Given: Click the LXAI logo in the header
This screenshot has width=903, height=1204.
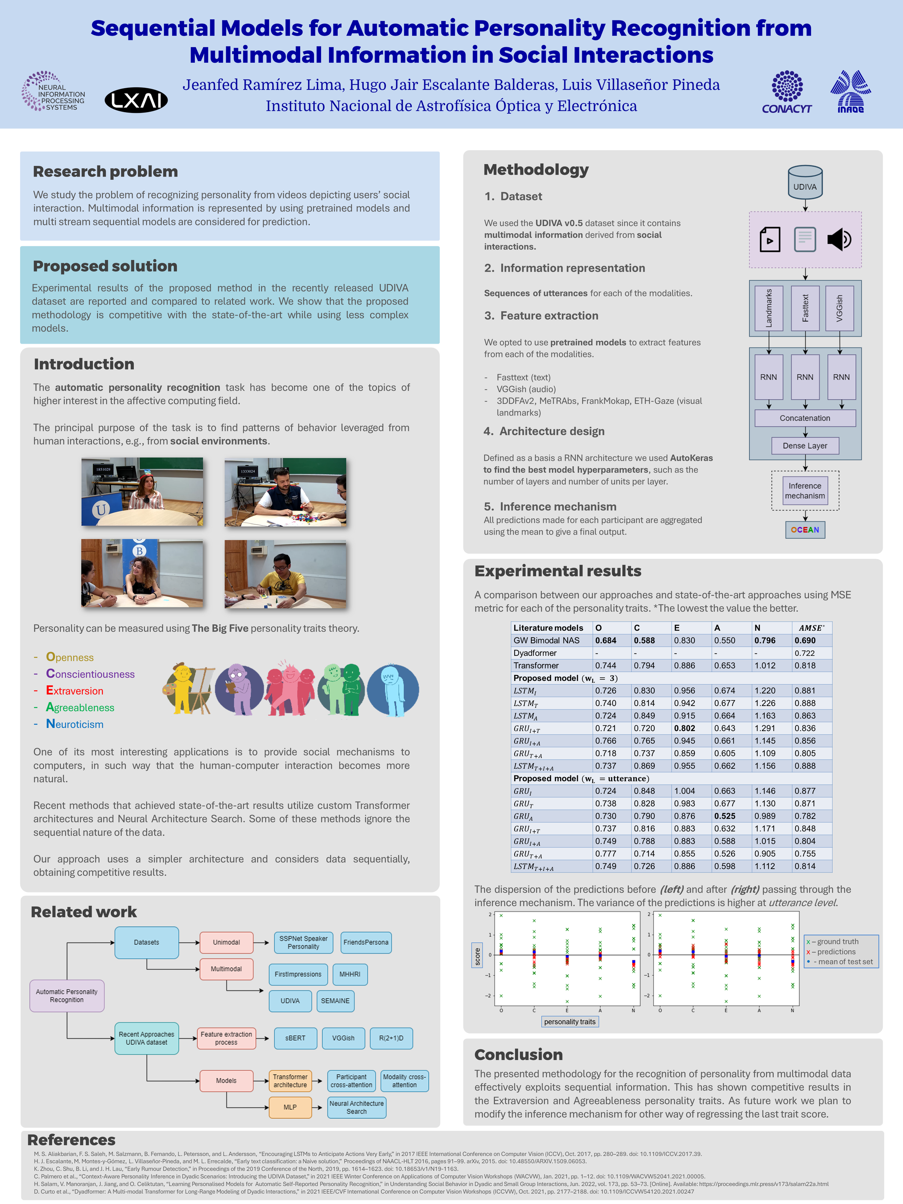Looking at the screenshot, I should [136, 100].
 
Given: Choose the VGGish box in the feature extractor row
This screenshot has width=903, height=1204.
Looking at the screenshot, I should [839, 308].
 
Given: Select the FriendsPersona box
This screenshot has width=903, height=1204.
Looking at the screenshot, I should [366, 942].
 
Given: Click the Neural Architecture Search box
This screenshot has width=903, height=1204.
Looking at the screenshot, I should [357, 1107].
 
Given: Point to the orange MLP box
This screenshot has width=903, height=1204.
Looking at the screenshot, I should [290, 1107].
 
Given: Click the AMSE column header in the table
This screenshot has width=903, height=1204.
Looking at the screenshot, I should [811, 628].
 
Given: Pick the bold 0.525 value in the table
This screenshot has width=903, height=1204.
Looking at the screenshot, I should [724, 816].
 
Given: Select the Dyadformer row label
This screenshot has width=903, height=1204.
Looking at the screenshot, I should [535, 653].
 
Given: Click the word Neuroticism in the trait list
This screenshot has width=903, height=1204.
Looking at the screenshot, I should [74, 724].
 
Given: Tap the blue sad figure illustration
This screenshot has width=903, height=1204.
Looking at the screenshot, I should [393, 690].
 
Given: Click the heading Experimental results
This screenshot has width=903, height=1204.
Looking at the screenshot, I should [558, 571].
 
